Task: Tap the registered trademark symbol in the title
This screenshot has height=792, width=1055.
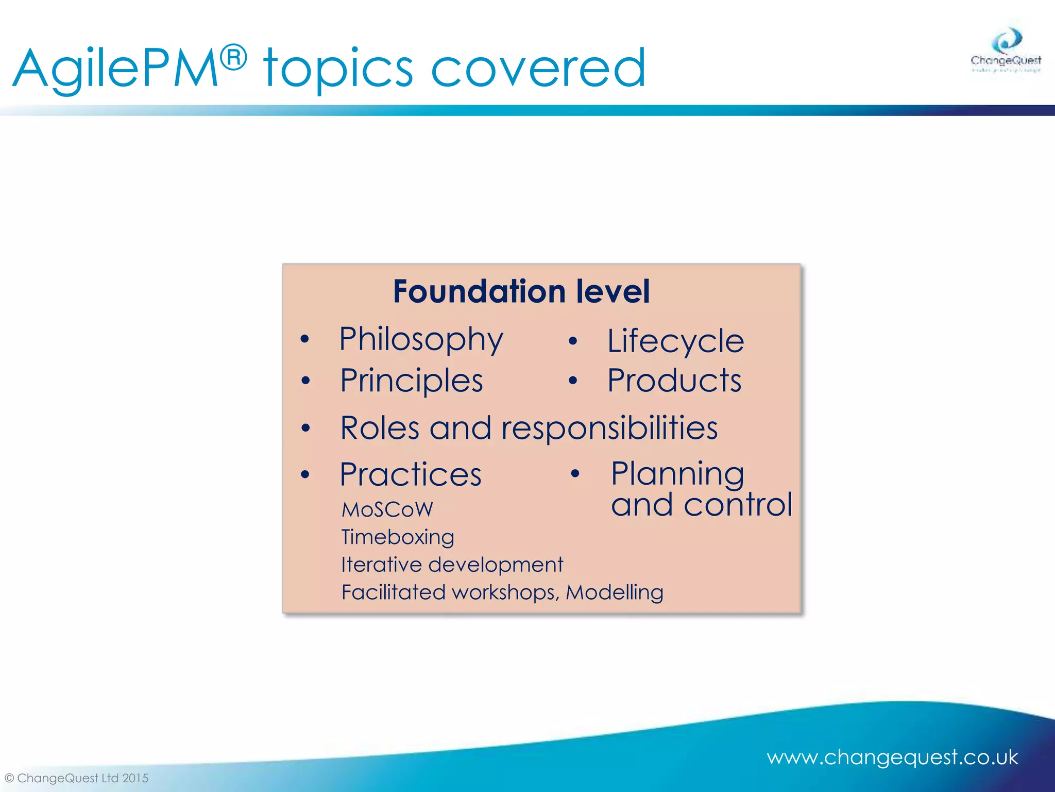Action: pos(235,57)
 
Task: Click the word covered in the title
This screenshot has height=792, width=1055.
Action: pos(538,69)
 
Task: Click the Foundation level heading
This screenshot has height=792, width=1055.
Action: pos(521,291)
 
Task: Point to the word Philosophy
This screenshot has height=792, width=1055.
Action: pos(421,340)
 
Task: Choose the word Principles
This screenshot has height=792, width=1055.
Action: pos(412,381)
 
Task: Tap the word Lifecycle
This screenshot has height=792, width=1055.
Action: pos(675,341)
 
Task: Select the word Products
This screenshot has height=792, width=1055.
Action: pos(674,381)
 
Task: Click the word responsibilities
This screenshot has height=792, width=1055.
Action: pos(609,428)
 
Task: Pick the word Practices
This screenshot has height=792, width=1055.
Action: pos(411,474)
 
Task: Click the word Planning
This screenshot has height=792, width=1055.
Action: pos(677,474)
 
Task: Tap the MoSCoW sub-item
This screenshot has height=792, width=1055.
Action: pos(387,510)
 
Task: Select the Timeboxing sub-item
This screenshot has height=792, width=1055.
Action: pos(398,537)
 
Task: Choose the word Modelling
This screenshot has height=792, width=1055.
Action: pos(614,592)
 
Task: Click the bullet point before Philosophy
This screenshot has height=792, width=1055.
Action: pos(305,339)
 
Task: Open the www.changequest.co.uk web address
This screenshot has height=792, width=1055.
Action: pos(892,757)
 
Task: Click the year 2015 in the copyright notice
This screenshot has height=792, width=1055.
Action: pos(135,778)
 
